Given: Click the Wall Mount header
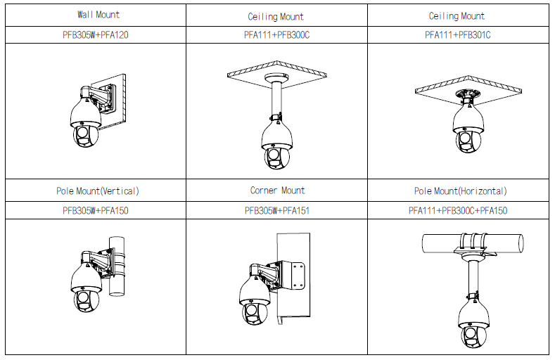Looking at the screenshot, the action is tap(98, 15).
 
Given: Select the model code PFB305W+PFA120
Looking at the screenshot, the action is tap(96, 35).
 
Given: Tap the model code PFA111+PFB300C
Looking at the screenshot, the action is tap(276, 35).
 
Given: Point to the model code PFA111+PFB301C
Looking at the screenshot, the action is tap(458, 35).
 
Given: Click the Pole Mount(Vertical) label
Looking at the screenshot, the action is tap(98, 191).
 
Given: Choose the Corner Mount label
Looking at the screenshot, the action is tap(277, 191).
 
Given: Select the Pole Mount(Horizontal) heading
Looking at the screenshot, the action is tap(461, 191).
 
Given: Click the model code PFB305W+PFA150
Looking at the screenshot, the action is tap(96, 211).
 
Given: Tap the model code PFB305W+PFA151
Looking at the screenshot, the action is tap(277, 211).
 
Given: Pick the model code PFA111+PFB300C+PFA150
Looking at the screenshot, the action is tap(458, 211).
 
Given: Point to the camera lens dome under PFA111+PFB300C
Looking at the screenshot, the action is tap(276, 157).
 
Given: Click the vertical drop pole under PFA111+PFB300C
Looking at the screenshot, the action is tap(276, 99).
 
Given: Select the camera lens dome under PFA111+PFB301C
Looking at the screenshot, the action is tap(468, 141).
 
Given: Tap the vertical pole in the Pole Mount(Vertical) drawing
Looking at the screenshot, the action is tap(117, 266).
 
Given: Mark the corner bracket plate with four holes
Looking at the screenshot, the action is tap(298, 276).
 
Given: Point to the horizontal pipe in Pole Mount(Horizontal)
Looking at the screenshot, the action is tap(473, 243).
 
